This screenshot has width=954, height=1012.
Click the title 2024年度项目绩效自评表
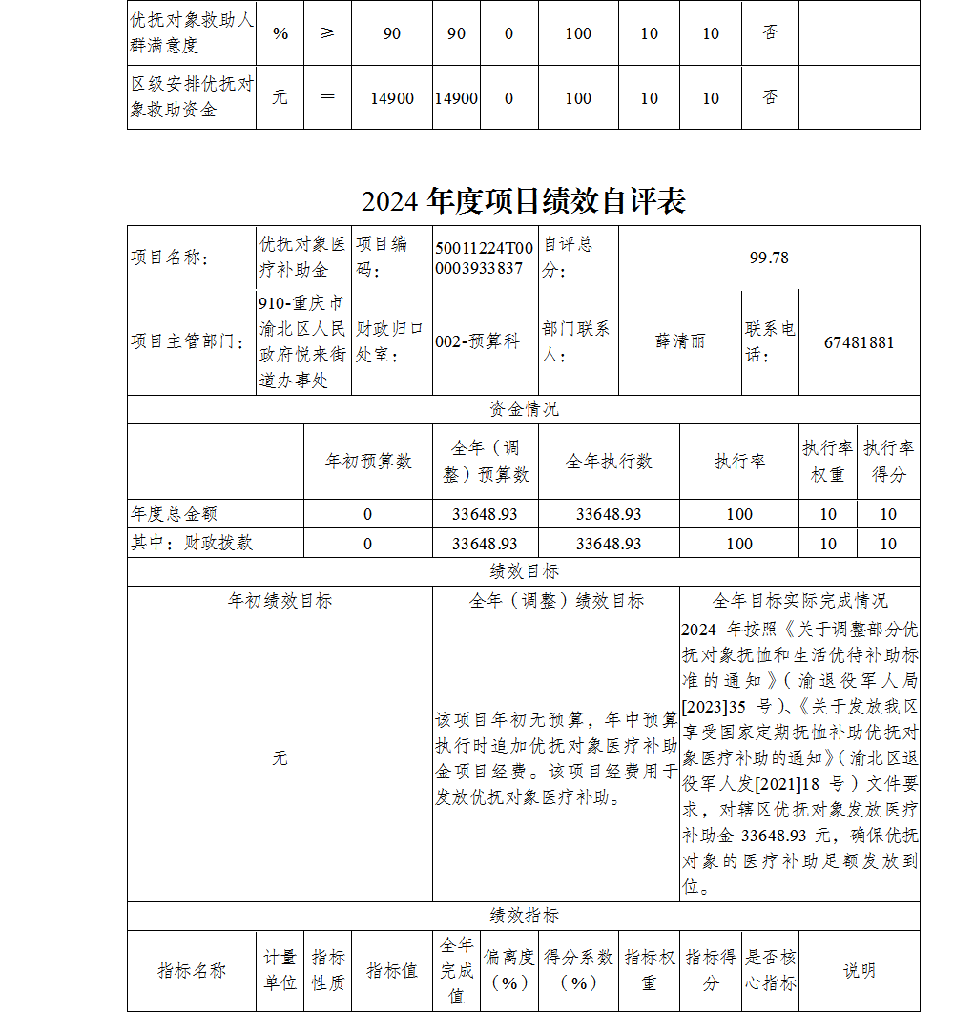[523, 201]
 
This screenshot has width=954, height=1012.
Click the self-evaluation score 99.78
[769, 258]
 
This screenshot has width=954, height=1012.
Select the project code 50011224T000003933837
[485, 258]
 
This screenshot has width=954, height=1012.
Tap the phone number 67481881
[859, 342]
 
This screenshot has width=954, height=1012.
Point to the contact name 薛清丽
[679, 342]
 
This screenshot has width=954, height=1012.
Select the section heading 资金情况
[524, 409]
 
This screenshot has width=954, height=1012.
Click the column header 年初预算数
[368, 462]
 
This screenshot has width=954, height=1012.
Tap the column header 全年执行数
[609, 462]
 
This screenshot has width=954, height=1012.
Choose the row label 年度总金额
[175, 514]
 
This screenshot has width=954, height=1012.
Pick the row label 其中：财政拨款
[192, 544]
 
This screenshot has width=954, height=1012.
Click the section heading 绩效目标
[524, 571]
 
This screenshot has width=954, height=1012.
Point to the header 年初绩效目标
[280, 601]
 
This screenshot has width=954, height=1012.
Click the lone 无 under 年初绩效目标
[280, 758]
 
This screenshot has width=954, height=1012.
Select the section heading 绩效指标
[524, 916]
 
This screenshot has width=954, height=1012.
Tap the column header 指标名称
[192, 971]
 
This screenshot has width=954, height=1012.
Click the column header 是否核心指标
[770, 970]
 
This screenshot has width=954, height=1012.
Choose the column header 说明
[859, 971]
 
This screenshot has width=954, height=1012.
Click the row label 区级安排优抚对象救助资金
[192, 97]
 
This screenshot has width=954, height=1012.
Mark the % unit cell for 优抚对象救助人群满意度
[280, 33]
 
